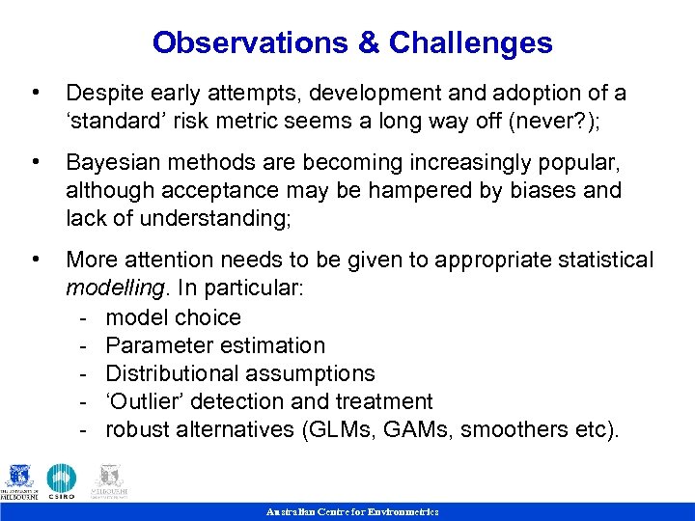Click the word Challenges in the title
(x=470, y=43)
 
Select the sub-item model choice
(x=174, y=317)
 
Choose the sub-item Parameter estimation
(x=215, y=345)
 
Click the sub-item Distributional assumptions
(x=240, y=373)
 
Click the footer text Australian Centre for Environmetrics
(x=352, y=511)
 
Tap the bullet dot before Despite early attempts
(x=36, y=93)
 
